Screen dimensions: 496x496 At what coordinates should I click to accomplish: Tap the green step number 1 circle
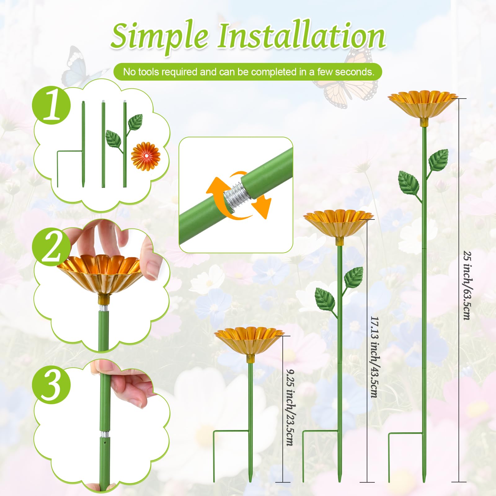click(x=51, y=106)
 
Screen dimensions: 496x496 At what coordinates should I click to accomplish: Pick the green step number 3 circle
click(x=51, y=385)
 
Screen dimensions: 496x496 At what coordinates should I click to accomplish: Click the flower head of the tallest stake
click(x=423, y=107)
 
